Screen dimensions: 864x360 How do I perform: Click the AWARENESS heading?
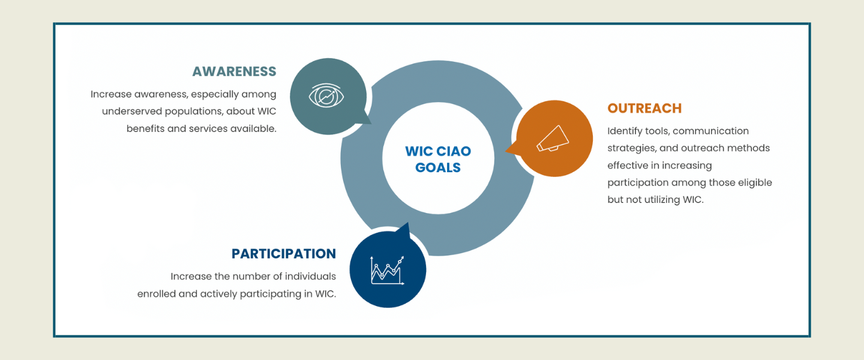(234, 71)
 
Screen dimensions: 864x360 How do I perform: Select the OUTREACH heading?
(644, 109)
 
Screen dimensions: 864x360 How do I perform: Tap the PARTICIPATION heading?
(283, 254)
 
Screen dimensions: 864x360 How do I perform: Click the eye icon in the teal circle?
(326, 95)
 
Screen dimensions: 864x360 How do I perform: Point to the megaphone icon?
(553, 139)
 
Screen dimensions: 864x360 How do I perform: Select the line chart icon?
(387, 270)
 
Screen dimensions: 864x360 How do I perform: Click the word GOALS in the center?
(438, 167)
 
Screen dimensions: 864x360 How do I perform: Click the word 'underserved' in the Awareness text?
(131, 111)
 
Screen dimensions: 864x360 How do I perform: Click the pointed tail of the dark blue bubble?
(408, 223)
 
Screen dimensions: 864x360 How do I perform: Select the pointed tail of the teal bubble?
(370, 124)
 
